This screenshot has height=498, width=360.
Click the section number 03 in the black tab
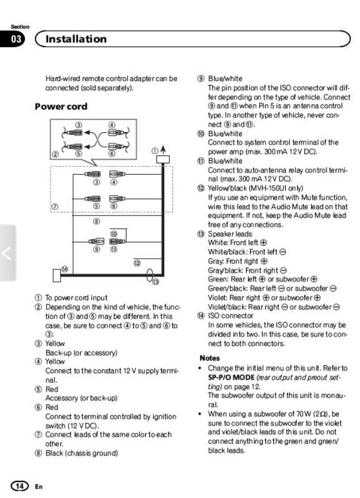(16, 39)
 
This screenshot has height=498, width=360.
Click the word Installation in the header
(76, 39)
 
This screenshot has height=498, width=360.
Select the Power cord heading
(61, 107)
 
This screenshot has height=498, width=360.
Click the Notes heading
(210, 358)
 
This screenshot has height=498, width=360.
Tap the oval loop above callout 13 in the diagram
(150, 275)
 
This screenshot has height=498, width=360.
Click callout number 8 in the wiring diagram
(96, 222)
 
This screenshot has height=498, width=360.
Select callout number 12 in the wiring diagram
(137, 262)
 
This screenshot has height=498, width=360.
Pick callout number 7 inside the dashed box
(55, 207)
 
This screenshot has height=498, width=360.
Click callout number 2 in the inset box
(55, 154)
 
